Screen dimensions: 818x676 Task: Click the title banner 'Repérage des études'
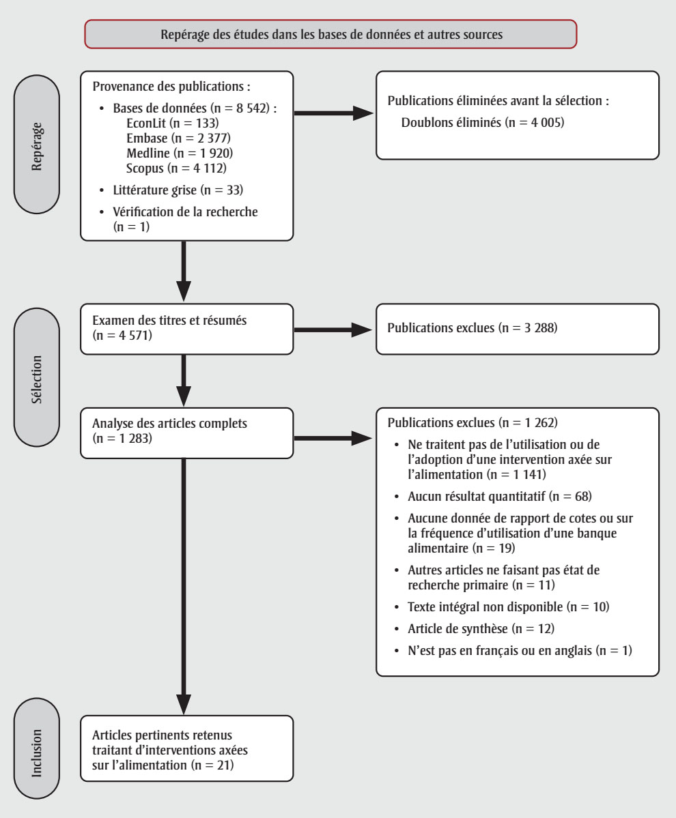331,35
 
